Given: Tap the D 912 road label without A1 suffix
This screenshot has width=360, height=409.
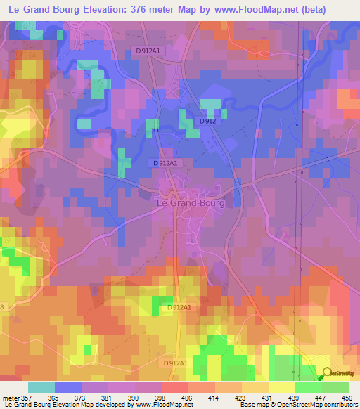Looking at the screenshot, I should [x=207, y=121].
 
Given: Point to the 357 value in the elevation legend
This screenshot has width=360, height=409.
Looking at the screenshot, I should [x=25, y=397].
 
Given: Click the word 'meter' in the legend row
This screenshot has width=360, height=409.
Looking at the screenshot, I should [x=9, y=397].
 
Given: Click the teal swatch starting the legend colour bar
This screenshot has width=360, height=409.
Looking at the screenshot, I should [x=41, y=387].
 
